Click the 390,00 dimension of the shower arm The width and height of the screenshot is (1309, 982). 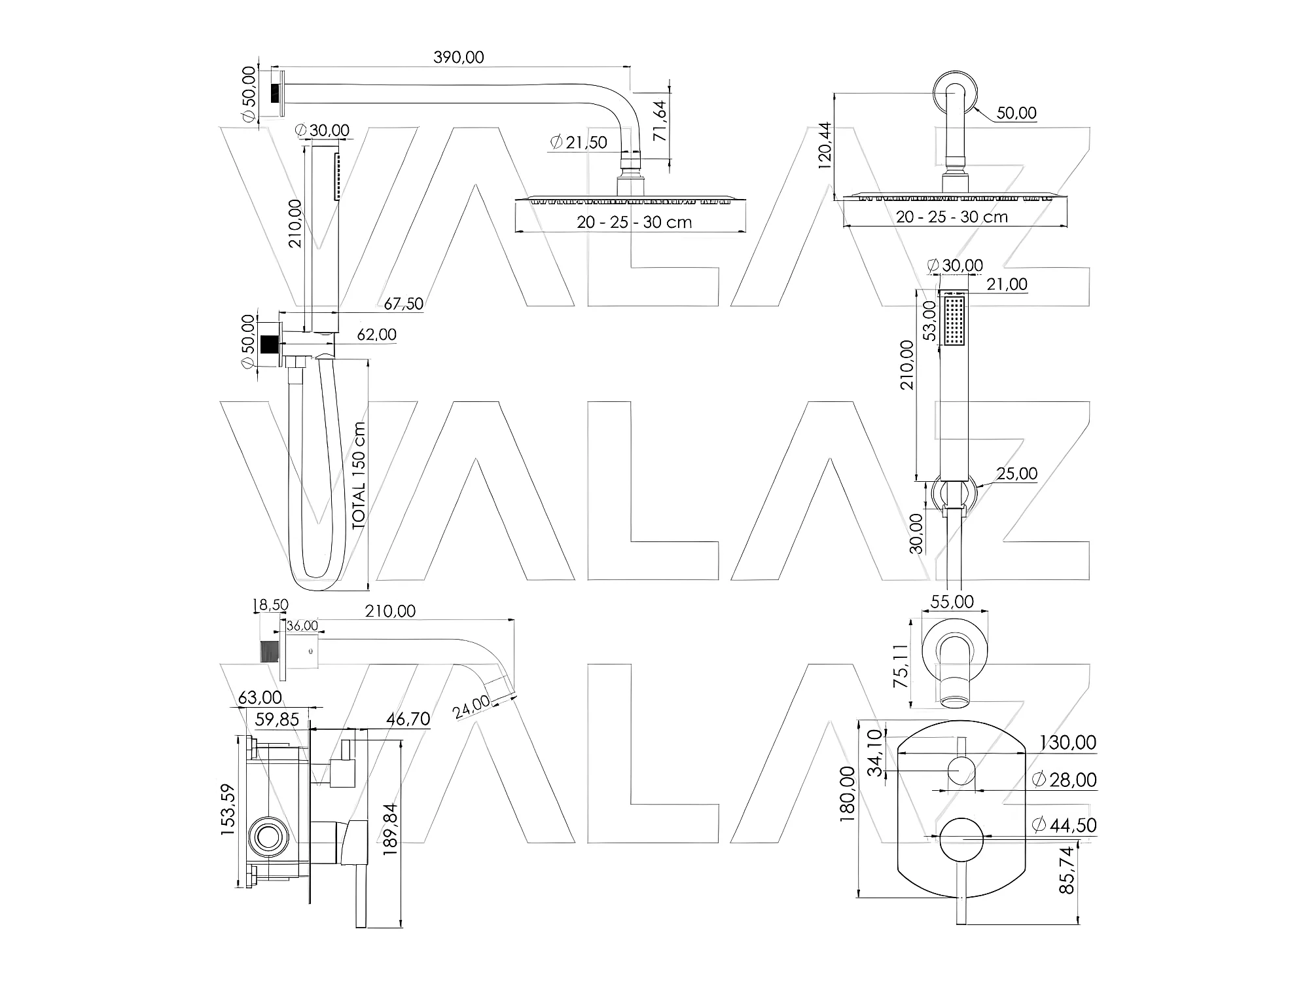[458, 58]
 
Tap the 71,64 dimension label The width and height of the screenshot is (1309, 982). [660, 120]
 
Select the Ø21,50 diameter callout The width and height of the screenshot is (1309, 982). [579, 143]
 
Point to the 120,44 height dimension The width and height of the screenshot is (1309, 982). [825, 145]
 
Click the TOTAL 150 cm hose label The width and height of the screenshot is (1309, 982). [359, 475]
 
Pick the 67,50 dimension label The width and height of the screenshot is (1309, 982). [403, 304]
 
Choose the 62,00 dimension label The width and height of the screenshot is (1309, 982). [376, 335]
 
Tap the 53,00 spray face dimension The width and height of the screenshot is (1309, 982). [929, 321]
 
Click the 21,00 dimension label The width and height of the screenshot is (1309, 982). [1008, 284]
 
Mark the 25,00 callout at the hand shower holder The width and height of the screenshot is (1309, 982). [1017, 473]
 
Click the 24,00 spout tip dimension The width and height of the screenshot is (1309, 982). [472, 708]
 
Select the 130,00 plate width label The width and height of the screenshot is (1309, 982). [1068, 742]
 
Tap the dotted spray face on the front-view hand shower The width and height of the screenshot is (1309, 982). [955, 321]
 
